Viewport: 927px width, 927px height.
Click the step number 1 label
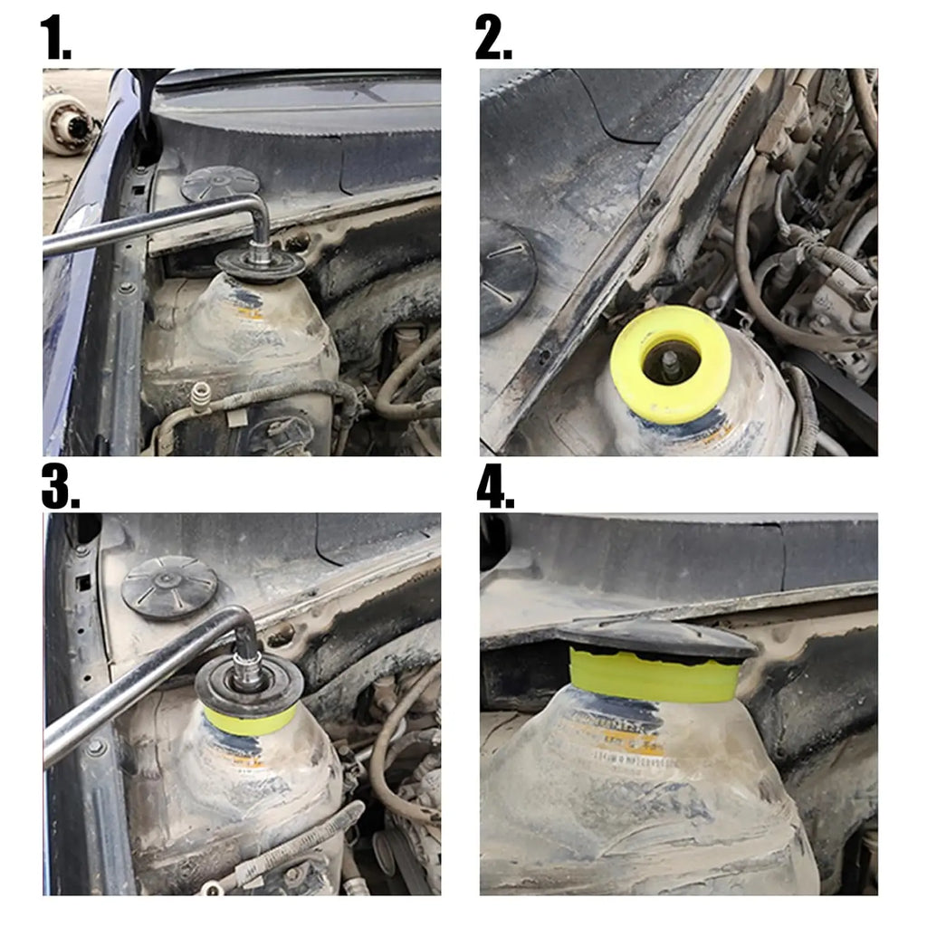pos(55,38)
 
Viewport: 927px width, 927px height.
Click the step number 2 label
pos(493,38)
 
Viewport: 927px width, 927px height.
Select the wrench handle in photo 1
pos(136,228)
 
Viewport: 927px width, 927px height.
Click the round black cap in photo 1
pos(220,184)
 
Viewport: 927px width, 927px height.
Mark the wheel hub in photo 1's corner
pos(69,124)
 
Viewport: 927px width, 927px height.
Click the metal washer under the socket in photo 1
pos(260,265)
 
